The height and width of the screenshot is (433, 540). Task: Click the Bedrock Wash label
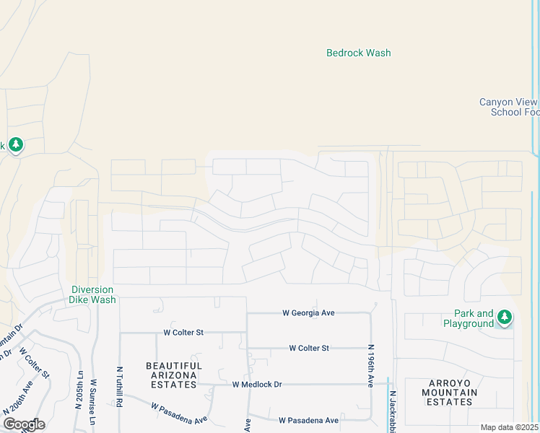pyautogui.click(x=358, y=53)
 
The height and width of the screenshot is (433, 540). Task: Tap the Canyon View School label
pyautogui.click(x=510, y=107)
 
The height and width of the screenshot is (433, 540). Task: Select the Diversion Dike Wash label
pyautogui.click(x=92, y=294)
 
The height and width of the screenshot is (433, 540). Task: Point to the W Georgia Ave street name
pyautogui.click(x=308, y=312)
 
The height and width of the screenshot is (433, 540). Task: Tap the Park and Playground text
pyautogui.click(x=474, y=318)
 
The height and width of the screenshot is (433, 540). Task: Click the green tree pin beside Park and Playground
pyautogui.click(x=505, y=317)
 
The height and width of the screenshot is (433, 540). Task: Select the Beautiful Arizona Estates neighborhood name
pyautogui.click(x=174, y=375)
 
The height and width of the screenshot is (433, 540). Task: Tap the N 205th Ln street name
pyautogui.click(x=78, y=390)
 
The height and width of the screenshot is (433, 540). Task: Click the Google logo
pyautogui.click(x=24, y=424)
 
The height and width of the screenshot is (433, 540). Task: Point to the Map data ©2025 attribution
pyautogui.click(x=510, y=427)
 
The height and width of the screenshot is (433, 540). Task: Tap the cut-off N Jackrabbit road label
pyautogui.click(x=394, y=413)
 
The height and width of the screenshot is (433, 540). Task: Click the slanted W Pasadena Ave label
pyautogui.click(x=179, y=413)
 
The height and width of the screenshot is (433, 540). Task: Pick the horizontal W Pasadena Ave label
pyautogui.click(x=308, y=420)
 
